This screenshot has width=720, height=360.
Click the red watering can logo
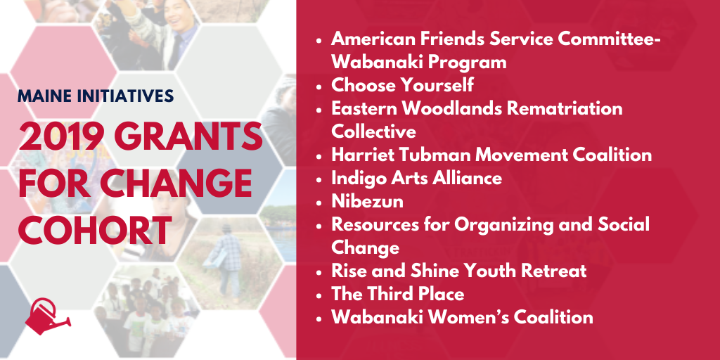[47, 316]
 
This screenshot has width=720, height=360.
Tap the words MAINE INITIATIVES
[96, 96]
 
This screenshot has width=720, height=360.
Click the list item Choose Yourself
[402, 85]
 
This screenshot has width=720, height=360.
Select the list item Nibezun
[367, 202]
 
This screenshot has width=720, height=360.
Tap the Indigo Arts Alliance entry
[416, 178]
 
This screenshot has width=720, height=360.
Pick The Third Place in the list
[398, 295]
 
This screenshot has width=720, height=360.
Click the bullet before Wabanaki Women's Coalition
[319, 319]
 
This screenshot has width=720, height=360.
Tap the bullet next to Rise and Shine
[319, 272]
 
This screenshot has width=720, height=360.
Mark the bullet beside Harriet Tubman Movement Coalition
[319, 155]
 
